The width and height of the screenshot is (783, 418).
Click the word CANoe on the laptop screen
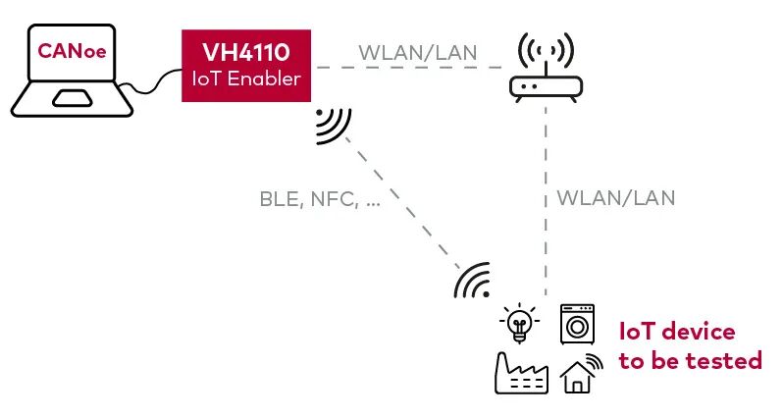coord(72,51)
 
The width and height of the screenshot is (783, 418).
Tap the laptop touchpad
coord(73,98)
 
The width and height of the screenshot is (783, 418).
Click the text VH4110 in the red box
coord(245,52)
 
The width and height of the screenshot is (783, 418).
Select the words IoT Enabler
coord(246,78)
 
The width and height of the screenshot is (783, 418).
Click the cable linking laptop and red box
coord(150,82)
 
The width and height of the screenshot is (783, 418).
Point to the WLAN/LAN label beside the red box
coord(418,52)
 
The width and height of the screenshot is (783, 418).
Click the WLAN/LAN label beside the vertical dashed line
coord(616,198)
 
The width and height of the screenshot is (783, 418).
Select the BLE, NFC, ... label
coord(320,199)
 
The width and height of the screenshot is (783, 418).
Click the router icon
coord(546,68)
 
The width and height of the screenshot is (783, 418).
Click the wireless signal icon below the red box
coord(333,126)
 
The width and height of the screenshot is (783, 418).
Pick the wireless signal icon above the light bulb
coord(472,281)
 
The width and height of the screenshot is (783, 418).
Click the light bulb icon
coord(519,323)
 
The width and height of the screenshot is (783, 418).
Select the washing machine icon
coord(577,324)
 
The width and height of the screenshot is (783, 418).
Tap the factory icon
coord(521,373)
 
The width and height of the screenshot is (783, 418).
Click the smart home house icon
coord(581,373)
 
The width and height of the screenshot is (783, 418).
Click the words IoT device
coord(677,332)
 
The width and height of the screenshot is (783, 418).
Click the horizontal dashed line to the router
coord(409,68)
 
